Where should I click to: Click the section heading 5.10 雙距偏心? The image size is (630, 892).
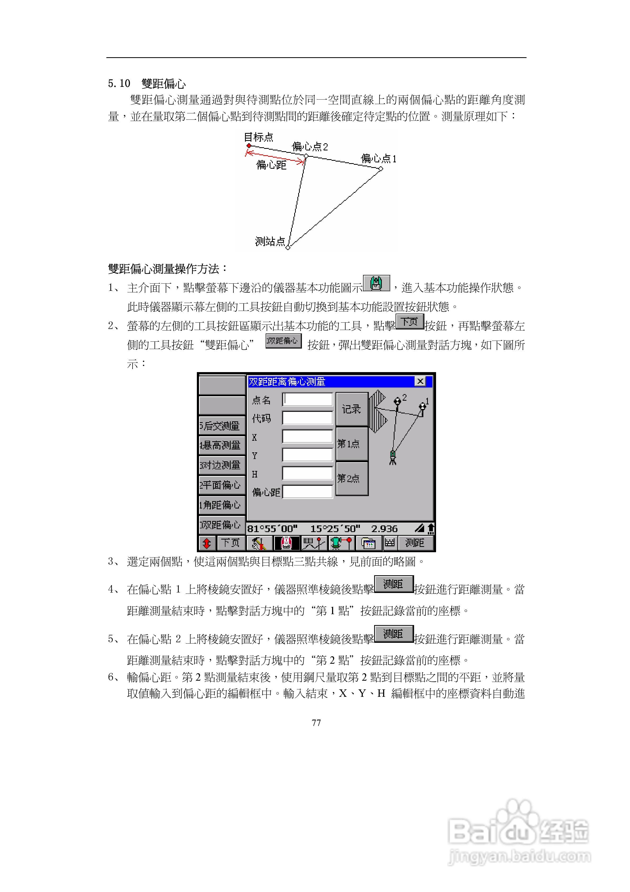click(x=147, y=83)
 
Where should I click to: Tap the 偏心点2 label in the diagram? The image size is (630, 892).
click(x=310, y=147)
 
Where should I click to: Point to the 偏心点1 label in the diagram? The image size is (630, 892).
click(x=378, y=158)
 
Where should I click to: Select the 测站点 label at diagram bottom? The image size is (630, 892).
click(x=270, y=241)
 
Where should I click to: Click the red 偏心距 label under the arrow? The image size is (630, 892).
click(x=271, y=165)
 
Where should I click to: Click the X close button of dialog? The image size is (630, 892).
click(x=420, y=381)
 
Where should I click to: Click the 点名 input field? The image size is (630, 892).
click(x=307, y=399)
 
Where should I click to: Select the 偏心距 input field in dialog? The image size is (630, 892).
click(x=307, y=492)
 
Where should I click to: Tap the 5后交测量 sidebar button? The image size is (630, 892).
click(x=221, y=426)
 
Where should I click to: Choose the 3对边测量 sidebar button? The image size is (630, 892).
click(x=221, y=465)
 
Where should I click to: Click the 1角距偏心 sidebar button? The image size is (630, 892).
click(x=221, y=505)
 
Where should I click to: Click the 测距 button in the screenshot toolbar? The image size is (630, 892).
click(x=415, y=543)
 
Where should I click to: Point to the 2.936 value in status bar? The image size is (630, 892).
click(x=384, y=529)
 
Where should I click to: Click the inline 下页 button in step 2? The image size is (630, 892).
click(x=410, y=322)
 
